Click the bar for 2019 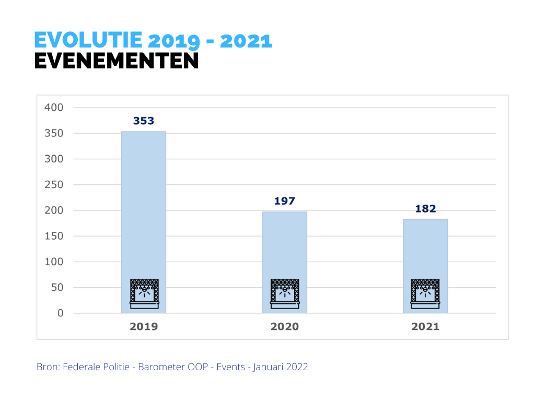coord(144,209)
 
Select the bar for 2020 coord(285,245)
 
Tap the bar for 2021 coord(425,251)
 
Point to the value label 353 coord(144,121)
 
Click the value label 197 coord(285,201)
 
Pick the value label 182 coord(425,209)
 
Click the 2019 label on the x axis coord(144,327)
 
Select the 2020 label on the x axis coord(285,327)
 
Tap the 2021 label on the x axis coord(425,327)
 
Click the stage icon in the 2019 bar coord(144,294)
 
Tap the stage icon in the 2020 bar coord(285,294)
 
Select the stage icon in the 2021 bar coord(425,294)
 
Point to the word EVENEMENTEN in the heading coord(117,61)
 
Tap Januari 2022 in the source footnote coord(281,367)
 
